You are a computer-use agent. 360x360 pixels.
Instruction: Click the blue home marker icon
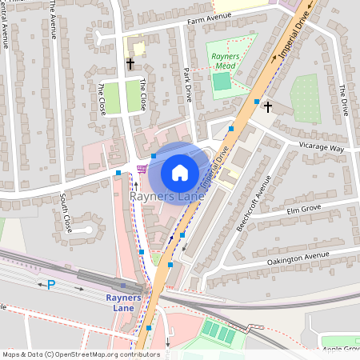tap(180, 173)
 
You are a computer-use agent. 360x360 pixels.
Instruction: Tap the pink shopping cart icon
tap(142, 169)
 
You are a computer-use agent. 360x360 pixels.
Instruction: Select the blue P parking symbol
tap(51, 284)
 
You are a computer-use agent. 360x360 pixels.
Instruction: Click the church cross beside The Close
tap(130, 62)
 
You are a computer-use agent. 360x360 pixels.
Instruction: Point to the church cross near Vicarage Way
tap(268, 106)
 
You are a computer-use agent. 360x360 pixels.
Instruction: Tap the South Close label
tap(66, 212)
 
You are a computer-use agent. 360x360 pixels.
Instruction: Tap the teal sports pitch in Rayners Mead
tap(222, 81)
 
